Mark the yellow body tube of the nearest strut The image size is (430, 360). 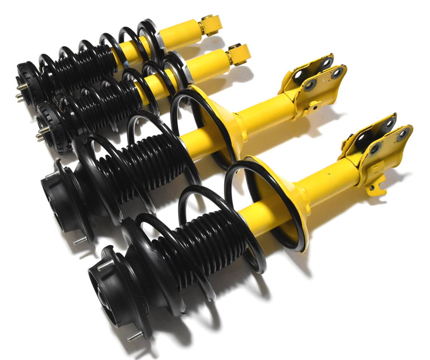point(330,183)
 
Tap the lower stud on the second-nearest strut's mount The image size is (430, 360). point(80,240)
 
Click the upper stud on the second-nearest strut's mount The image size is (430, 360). point(52,174)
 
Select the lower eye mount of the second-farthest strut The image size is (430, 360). point(238,54)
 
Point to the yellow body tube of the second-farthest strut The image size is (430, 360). point(208,66)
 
